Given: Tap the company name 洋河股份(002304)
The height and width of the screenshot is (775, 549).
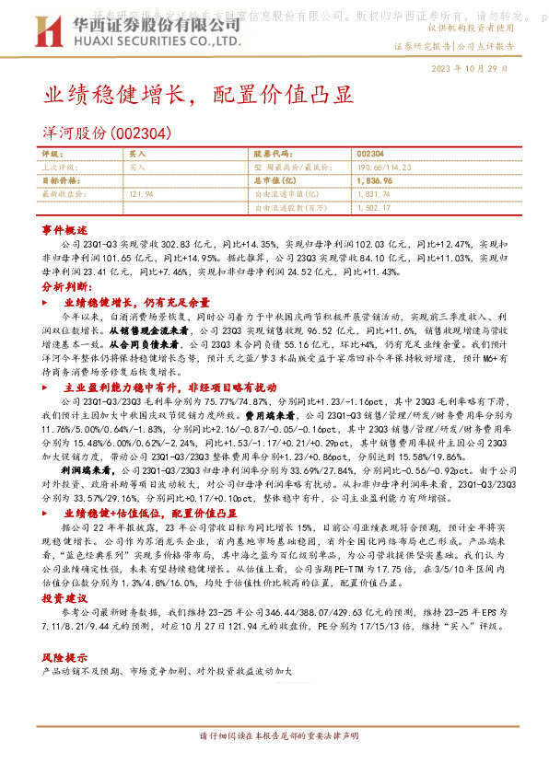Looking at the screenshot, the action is point(105,133).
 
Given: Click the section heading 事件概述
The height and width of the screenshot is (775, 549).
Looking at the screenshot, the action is point(64,229).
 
